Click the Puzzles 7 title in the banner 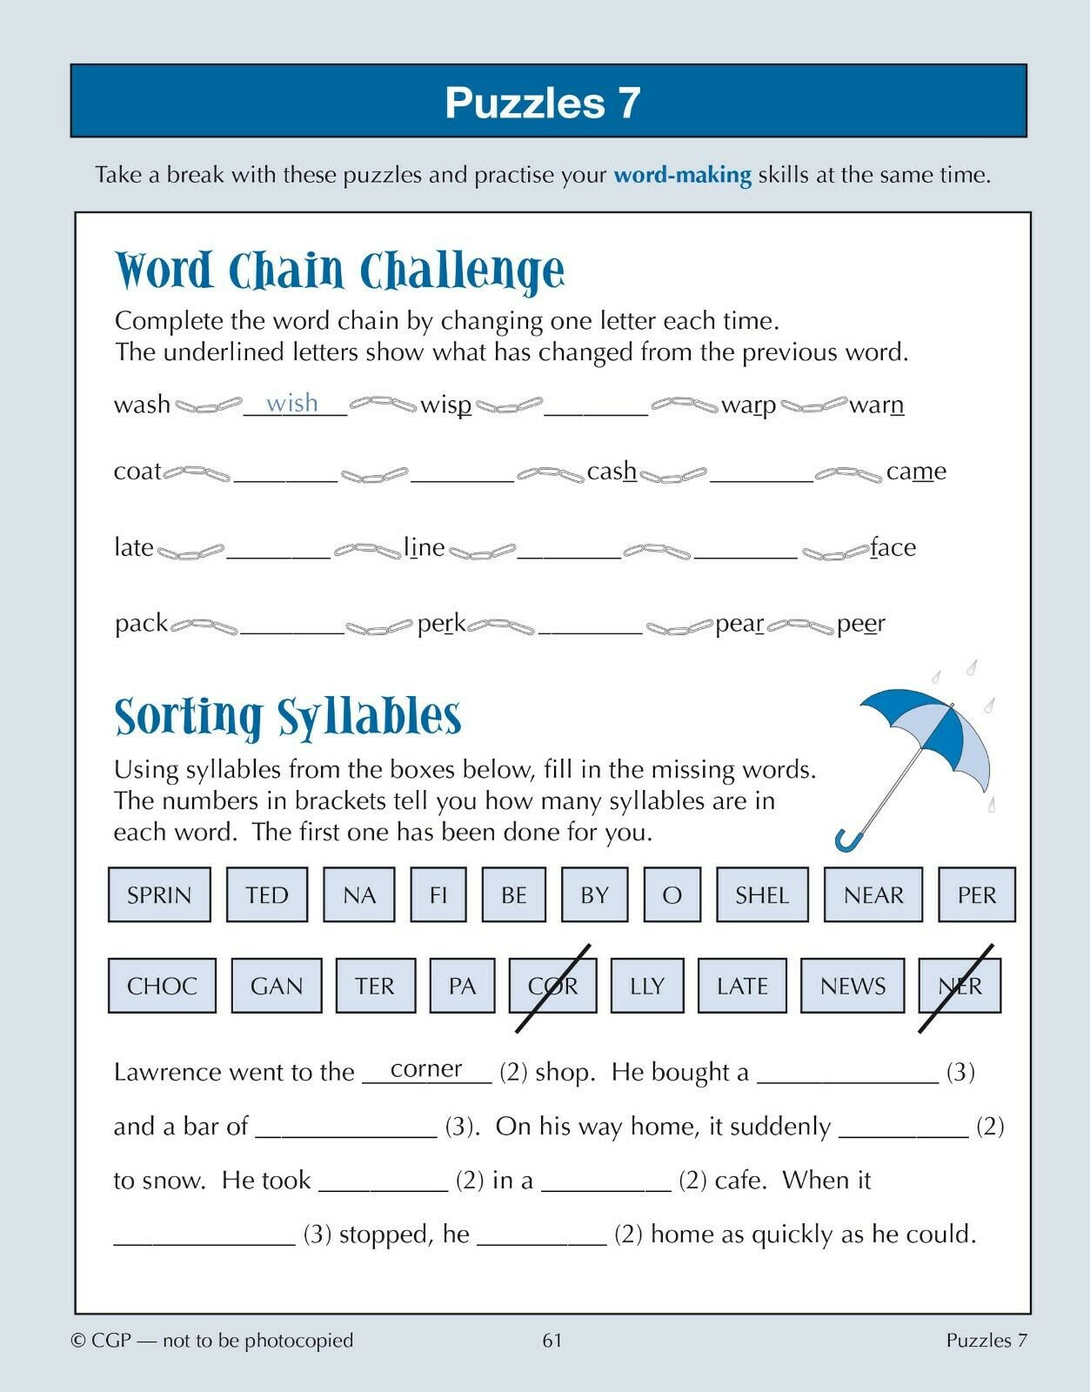point(543,103)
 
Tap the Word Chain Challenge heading point(339,271)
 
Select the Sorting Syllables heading point(288,717)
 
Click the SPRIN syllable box point(159,894)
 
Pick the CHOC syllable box point(162,986)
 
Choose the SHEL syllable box point(762,894)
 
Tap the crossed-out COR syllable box point(553,986)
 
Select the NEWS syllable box point(853,986)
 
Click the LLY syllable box point(647,986)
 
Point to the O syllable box point(672,894)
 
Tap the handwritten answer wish point(292,403)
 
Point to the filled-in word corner point(426,1068)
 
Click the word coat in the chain point(137,472)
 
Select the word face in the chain point(893,547)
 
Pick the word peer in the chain point(861,624)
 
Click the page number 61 point(552,1341)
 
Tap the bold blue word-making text point(683,175)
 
